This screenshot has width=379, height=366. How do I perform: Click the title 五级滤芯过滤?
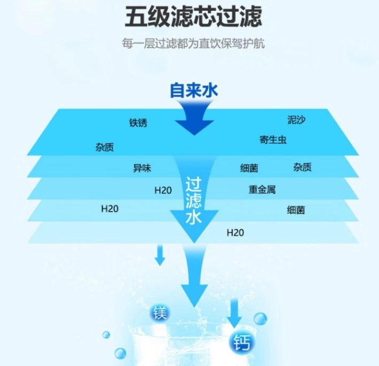point(194,18)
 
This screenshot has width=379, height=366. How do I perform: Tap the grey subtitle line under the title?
point(194,44)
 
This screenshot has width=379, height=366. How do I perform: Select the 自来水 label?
point(194,90)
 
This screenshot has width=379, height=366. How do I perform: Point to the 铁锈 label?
point(138,123)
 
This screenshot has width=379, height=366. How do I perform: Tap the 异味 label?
point(142,168)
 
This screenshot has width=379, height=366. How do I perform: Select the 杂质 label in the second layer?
point(302,168)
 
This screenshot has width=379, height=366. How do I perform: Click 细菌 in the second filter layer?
point(249,169)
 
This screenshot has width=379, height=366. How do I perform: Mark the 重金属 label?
point(262,189)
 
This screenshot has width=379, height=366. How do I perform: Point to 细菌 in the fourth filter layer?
point(296,210)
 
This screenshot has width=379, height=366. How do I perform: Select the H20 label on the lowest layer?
point(235,232)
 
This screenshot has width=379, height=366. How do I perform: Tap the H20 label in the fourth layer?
point(110,208)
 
